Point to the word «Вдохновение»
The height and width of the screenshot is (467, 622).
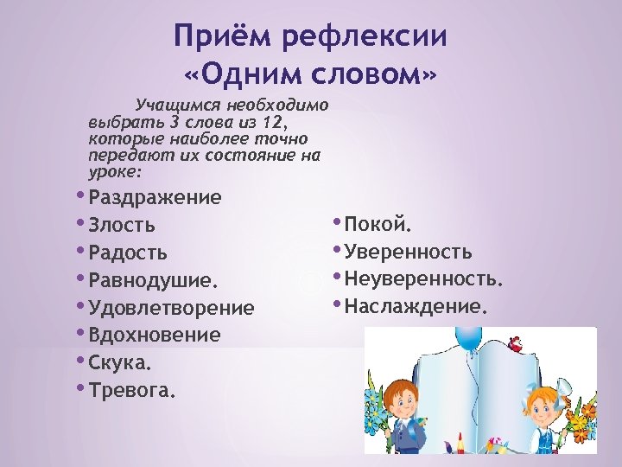click(x=155, y=335)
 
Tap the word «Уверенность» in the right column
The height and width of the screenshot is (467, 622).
click(x=408, y=253)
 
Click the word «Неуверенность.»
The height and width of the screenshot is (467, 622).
click(x=423, y=279)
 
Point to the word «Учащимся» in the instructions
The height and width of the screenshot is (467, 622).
click(x=168, y=105)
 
